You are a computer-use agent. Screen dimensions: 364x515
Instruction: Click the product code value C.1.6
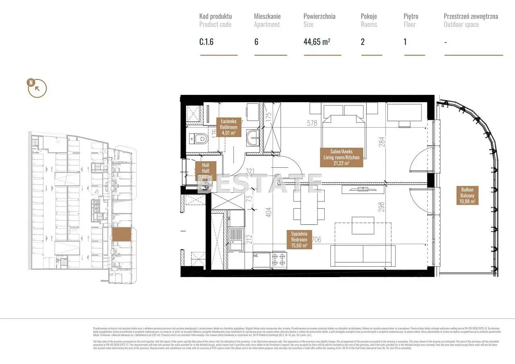207,42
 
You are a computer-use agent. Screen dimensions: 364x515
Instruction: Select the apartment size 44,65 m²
317,42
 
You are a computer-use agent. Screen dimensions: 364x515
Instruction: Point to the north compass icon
37,88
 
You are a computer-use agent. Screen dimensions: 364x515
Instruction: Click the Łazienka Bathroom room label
229,127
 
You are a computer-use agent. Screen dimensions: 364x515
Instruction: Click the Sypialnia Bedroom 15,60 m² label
299,239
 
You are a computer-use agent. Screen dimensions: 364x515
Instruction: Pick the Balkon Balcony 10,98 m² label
467,195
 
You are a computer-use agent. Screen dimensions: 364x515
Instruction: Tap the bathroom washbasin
253,138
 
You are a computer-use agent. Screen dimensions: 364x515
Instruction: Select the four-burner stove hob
279,259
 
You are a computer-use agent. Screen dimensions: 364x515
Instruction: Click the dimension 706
316,240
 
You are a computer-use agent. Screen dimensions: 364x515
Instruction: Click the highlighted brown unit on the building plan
121,234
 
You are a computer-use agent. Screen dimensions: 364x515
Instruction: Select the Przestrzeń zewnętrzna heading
470,16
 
